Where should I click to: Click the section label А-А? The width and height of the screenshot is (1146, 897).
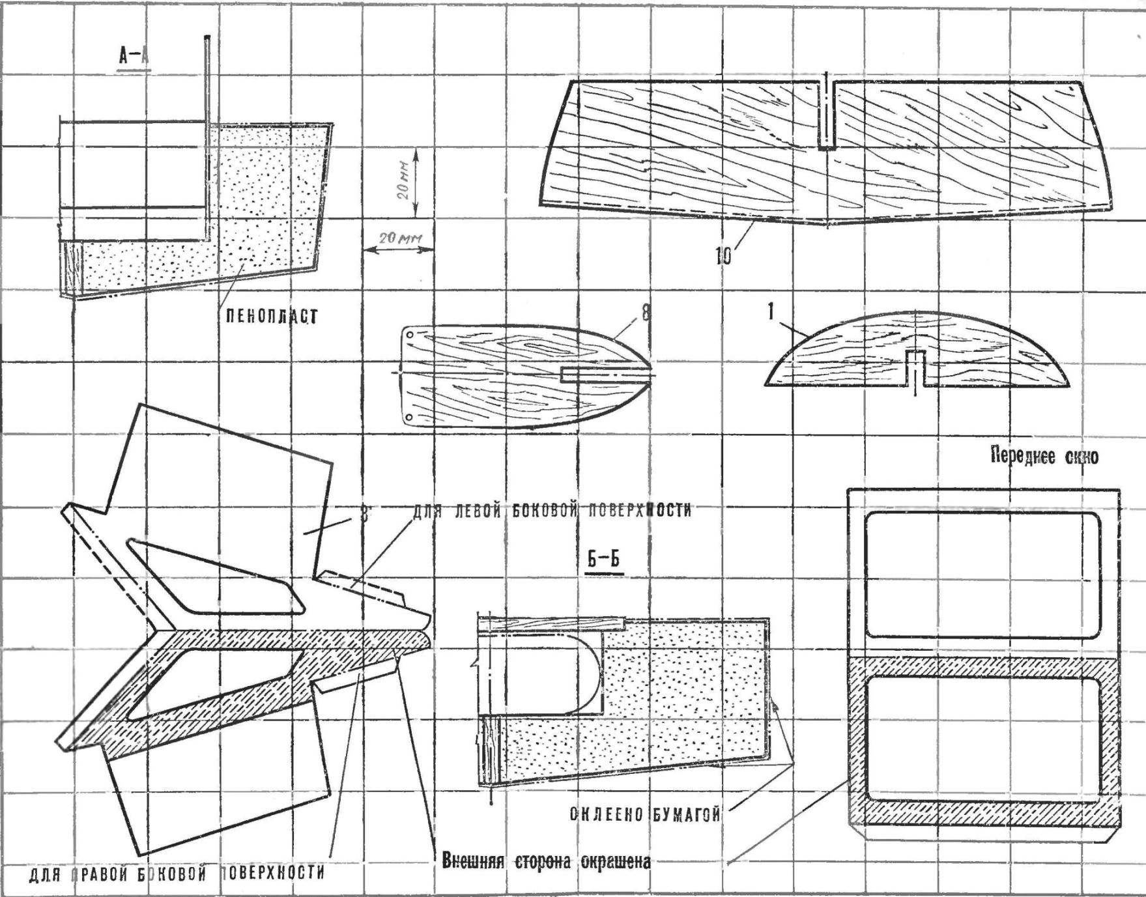134,57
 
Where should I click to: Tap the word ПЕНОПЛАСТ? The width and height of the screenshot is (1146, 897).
272,317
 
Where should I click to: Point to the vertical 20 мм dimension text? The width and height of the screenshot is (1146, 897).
404,180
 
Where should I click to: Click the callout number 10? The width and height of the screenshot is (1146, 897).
723,256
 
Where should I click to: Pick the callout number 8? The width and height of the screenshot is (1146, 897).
645,313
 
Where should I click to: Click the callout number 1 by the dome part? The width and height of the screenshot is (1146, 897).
771,312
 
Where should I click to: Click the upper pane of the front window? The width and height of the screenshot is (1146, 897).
982,573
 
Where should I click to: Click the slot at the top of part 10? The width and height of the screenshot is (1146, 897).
826,114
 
